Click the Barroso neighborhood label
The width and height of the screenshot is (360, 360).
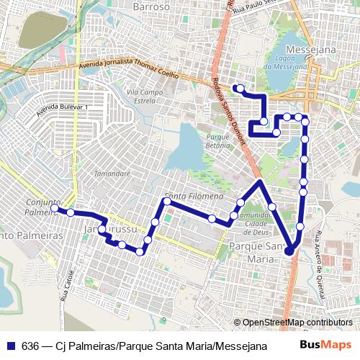151,6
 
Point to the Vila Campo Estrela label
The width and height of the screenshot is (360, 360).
142,96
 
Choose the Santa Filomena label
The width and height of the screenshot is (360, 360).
191,196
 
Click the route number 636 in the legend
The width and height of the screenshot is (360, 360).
30,345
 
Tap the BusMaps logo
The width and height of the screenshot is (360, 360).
325,345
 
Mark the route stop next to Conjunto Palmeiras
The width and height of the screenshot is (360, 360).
54,208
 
